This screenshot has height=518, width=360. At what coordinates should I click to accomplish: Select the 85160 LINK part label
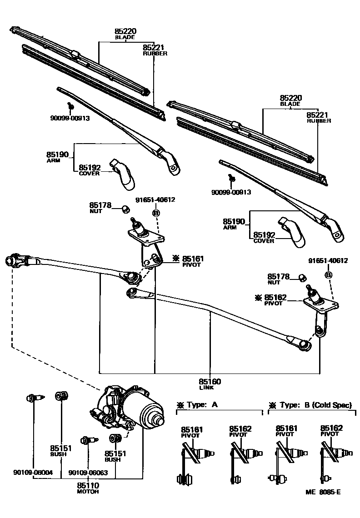pyautogui.click(x=210, y=384)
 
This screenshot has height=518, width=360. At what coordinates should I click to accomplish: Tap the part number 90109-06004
pyautogui.click(x=33, y=473)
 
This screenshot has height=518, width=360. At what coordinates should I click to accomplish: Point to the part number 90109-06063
pyautogui.click(x=88, y=473)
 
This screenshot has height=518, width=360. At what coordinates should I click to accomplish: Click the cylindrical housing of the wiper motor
pyautogui.click(x=148, y=409)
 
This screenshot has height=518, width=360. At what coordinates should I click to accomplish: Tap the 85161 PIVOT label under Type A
pyautogui.click(x=192, y=431)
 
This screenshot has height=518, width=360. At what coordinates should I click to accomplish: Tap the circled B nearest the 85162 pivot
pyautogui.click(x=328, y=275)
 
